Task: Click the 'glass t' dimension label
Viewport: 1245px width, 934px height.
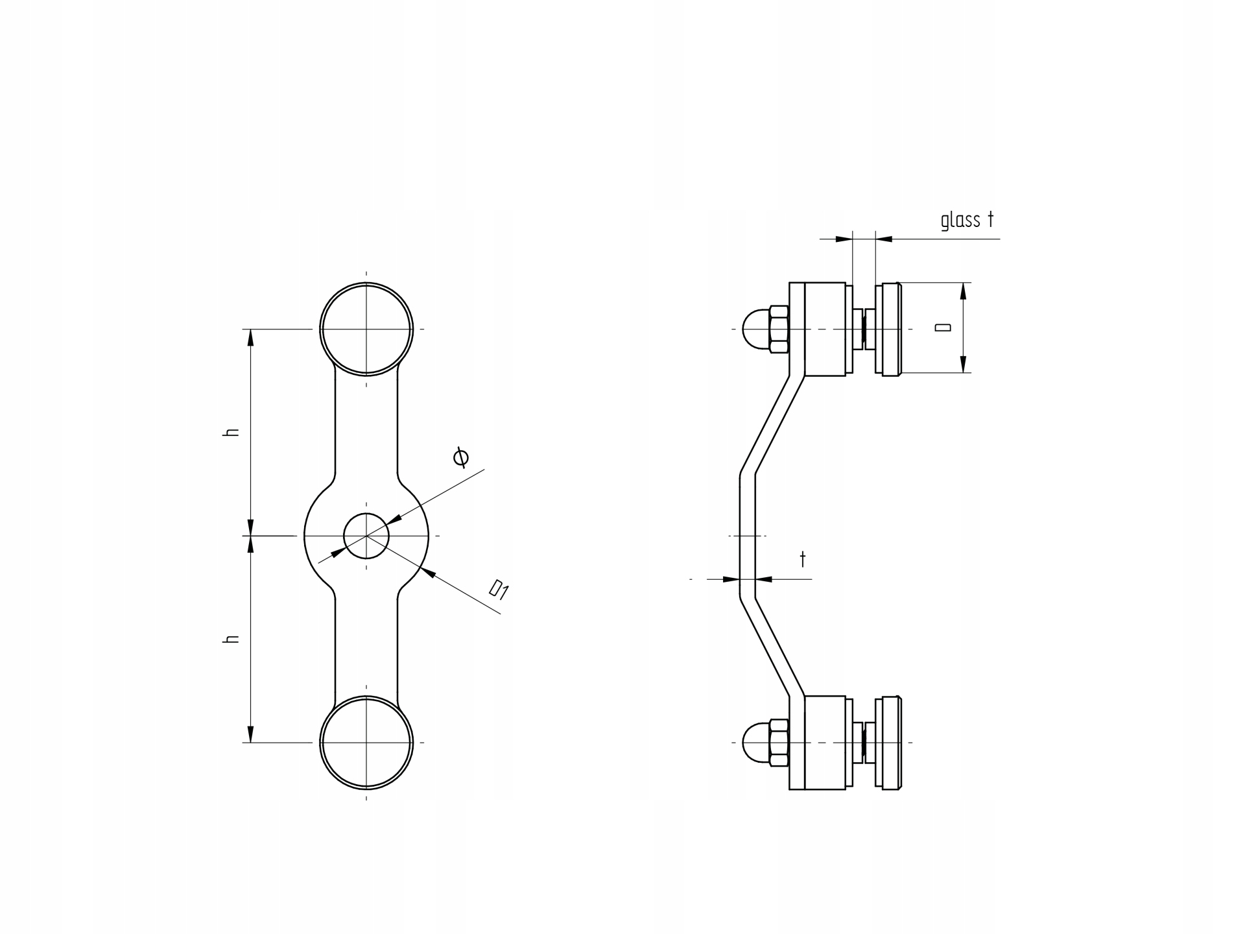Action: [967, 221]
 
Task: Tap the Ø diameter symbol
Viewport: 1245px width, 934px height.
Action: [461, 457]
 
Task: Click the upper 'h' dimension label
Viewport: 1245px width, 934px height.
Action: [231, 432]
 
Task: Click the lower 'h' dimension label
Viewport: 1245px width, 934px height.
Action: [231, 639]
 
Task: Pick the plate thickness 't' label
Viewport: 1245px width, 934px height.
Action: [803, 559]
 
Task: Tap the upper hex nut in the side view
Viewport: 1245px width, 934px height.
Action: [779, 329]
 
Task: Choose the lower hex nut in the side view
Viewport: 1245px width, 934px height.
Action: [779, 743]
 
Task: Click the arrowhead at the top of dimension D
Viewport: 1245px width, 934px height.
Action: [963, 291]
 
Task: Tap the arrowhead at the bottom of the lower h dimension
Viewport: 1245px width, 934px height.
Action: [251, 734]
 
